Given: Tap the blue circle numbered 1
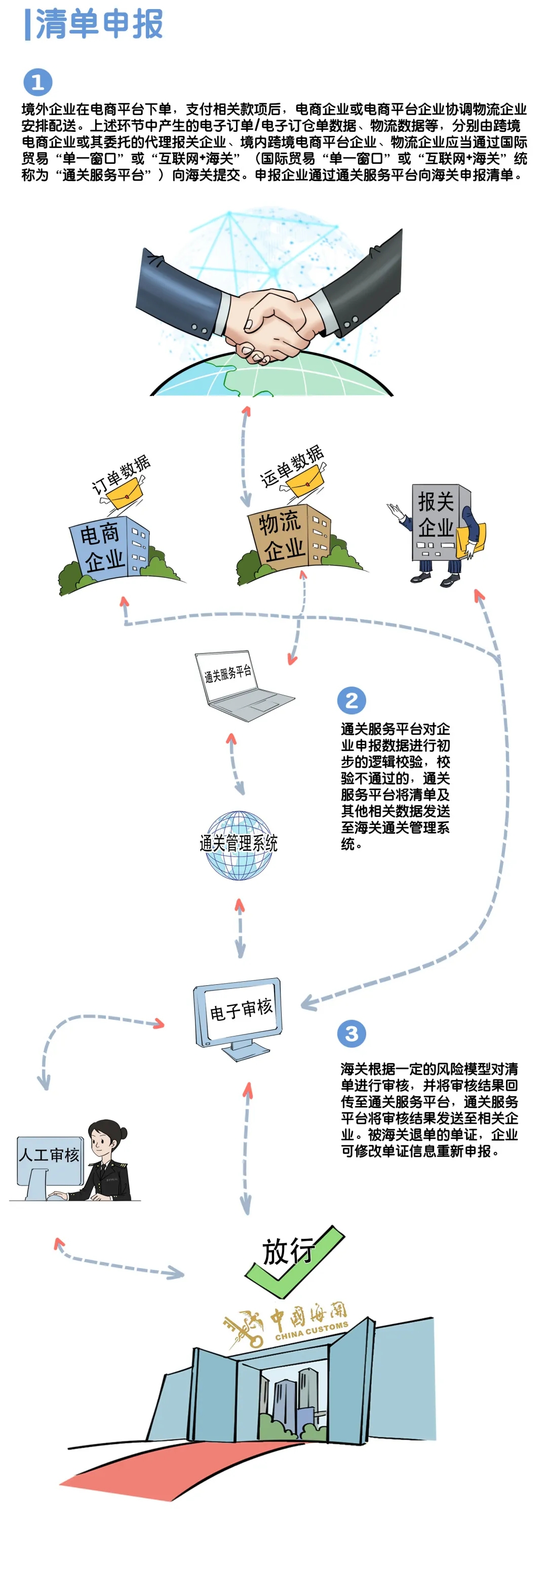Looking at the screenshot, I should tap(38, 82).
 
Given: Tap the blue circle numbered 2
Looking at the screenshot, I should tap(351, 700).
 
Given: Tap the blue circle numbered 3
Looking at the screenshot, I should tap(351, 1033).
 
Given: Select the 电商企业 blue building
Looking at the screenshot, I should tap(107, 547).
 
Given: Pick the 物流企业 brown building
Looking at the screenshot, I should tap(287, 534).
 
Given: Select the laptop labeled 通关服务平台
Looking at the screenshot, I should tap(238, 685).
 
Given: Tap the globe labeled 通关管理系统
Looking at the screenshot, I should tap(239, 845).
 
